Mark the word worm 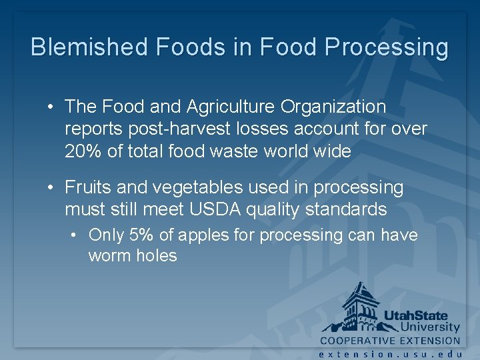click(107, 256)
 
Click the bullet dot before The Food click(51, 107)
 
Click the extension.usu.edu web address click(391, 354)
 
